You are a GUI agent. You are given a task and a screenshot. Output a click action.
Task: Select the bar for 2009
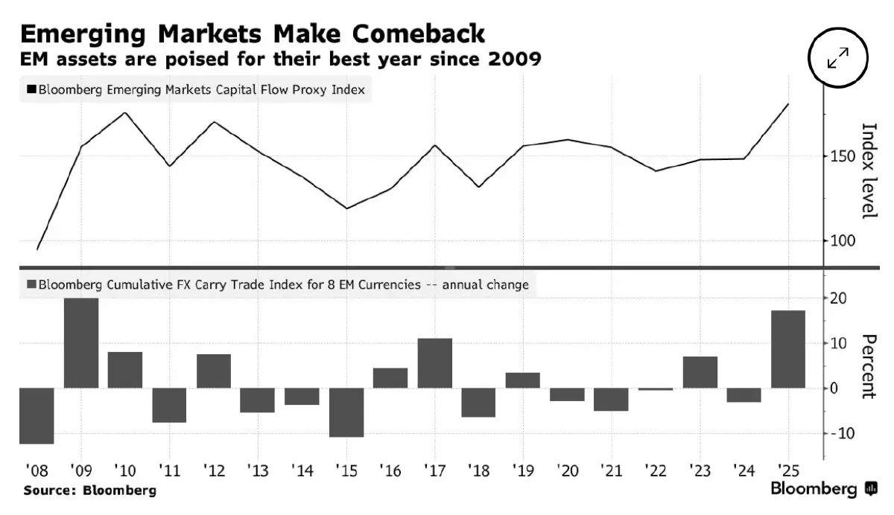pos(81,342)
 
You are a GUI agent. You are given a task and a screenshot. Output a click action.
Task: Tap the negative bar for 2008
pos(37,415)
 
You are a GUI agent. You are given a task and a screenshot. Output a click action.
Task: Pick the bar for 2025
pos(788,349)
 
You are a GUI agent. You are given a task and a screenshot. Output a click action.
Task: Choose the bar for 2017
pos(435,363)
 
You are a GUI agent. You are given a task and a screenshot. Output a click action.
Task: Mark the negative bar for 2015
pos(346,412)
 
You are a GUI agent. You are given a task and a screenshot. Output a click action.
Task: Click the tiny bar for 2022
pos(656,389)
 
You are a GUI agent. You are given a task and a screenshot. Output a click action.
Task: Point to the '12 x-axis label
pos(213,470)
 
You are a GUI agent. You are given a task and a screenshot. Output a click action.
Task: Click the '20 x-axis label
pos(568,470)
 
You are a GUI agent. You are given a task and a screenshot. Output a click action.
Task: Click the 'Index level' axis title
pos(868,170)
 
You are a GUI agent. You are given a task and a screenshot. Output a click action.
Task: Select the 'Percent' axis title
pos(868,366)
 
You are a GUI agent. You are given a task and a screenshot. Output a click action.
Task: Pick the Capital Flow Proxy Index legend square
pos(31,90)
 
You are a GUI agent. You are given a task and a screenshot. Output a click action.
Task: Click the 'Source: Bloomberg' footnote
pos(90,490)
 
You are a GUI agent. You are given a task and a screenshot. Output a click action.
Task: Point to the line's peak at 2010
pos(124,113)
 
